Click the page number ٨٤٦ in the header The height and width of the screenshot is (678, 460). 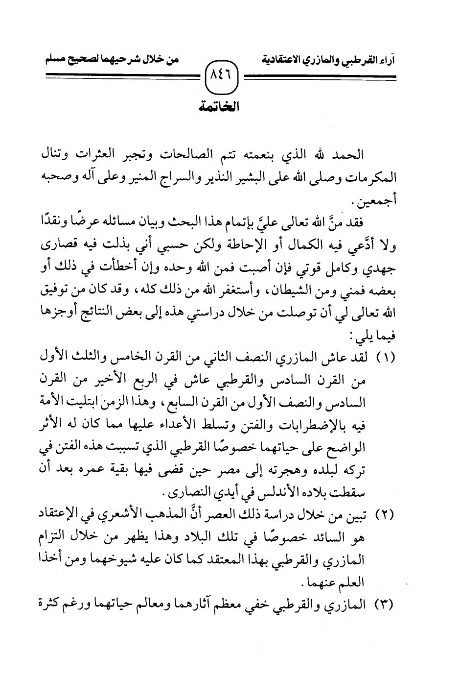pyautogui.click(x=223, y=77)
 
